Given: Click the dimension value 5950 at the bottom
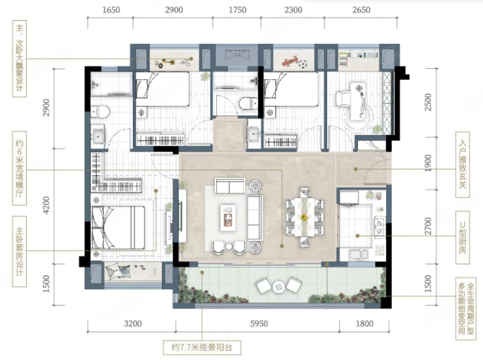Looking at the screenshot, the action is pos(259,324).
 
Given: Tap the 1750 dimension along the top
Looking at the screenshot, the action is pos(237,10).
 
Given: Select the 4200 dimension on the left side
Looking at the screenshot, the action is pos(47,205).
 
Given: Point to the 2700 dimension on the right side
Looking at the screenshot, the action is pos(428,226).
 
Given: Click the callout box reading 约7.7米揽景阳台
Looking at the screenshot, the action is pos(202,348).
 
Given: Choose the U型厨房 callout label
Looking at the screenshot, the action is pos(463,237).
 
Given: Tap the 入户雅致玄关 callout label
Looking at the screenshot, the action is pos(463,165).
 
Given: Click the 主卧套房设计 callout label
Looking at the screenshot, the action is pos(20,251).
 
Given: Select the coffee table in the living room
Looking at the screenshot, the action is pos(227,217).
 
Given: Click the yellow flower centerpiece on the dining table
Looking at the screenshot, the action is pos(304,217).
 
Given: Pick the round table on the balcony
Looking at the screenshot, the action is pos(279,287).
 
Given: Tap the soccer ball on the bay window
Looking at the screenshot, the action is pos(303,64).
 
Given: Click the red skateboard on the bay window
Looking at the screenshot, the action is pos(290,62).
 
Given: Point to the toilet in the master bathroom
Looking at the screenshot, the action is pos(100,111).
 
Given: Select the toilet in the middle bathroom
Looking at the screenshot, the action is pos(248,103).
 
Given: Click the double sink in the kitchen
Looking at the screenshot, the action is pos(358,254).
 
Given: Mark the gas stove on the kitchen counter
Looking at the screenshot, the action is pos(379,226).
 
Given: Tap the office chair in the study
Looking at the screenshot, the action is pos(342,98).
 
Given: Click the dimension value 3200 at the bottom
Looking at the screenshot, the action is pos(133,324).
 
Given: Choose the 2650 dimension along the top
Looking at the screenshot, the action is pos(361,10).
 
